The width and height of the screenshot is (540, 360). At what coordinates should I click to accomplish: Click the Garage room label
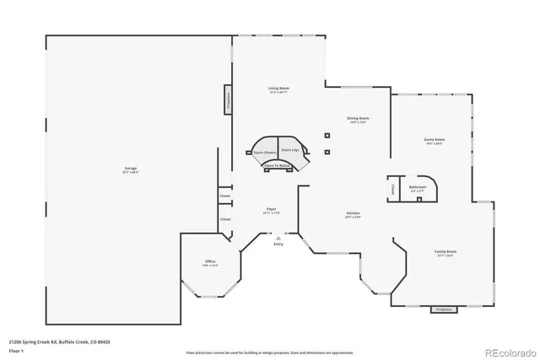pyautogui.click(x=131, y=169)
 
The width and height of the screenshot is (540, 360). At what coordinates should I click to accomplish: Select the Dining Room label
pyautogui.click(x=358, y=120)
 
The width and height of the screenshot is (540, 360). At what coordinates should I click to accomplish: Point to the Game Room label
pyautogui.click(x=434, y=141)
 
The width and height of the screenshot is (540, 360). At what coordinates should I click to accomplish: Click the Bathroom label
pyautogui.click(x=418, y=188)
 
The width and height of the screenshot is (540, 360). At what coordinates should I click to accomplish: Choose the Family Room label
pyautogui.click(x=445, y=253)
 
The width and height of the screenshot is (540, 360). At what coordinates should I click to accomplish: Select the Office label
pyautogui.click(x=210, y=263)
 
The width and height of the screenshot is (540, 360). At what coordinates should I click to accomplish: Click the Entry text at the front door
pyautogui.click(x=278, y=244)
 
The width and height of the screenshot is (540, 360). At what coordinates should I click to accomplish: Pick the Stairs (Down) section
pyautogui.click(x=265, y=153)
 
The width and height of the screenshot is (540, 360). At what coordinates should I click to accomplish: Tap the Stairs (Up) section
pyautogui.click(x=290, y=149)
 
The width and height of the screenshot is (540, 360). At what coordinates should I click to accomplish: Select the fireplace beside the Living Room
pyautogui.click(x=228, y=99)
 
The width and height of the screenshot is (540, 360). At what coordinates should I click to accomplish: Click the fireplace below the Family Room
pyautogui.click(x=442, y=310)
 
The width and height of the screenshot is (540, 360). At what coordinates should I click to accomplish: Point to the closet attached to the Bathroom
pyautogui.click(x=393, y=190)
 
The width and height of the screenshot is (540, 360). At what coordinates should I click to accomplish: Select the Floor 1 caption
pyautogui.click(x=16, y=352)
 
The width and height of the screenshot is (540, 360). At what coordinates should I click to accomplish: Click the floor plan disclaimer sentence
pyautogui.click(x=270, y=352)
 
